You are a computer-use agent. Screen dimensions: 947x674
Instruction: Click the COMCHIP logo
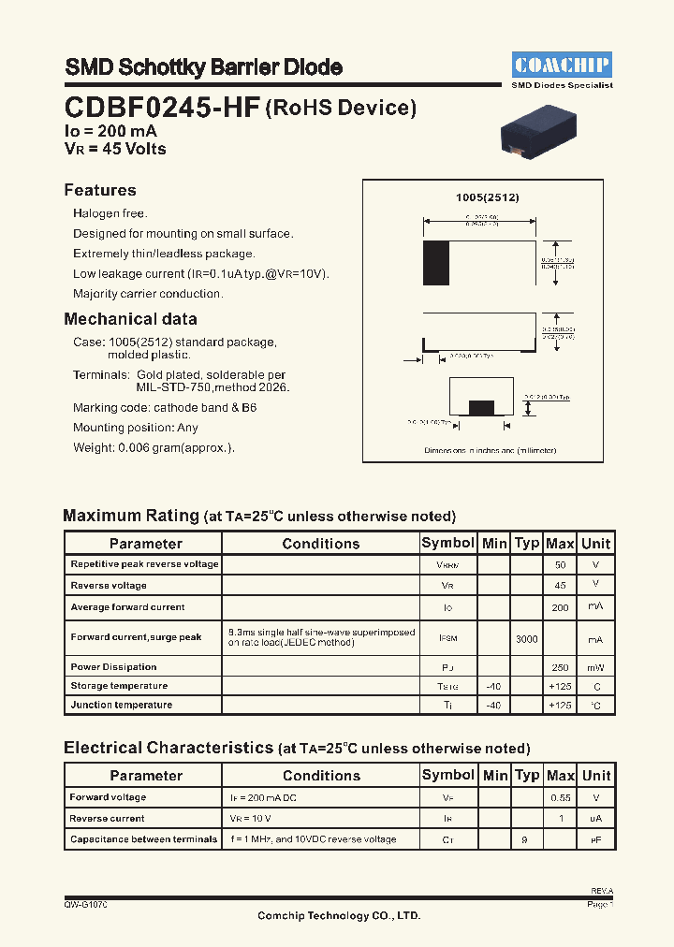tap(562, 65)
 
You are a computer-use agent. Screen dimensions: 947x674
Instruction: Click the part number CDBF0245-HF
tap(162, 108)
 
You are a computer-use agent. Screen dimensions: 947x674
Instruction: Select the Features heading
tap(100, 190)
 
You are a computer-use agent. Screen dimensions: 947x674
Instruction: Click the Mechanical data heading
tap(130, 319)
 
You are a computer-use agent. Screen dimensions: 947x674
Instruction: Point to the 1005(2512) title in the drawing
tap(487, 198)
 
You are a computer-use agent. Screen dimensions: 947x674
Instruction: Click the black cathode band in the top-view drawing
tap(436, 263)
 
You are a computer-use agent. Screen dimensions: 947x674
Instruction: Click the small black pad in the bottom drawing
tap(481, 407)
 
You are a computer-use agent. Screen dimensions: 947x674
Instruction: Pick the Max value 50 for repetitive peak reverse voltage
tap(560, 565)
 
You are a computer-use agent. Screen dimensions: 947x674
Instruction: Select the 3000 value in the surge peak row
tap(527, 638)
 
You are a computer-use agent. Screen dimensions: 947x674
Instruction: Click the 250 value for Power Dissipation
tap(560, 667)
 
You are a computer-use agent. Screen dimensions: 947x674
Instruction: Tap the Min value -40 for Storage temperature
tap(494, 686)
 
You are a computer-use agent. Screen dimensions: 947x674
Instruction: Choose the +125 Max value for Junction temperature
tap(560, 705)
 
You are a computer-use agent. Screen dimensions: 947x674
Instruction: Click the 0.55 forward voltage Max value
tap(560, 798)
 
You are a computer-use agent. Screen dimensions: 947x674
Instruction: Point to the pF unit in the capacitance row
tap(596, 840)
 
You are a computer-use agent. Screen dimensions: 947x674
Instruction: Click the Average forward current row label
tap(128, 607)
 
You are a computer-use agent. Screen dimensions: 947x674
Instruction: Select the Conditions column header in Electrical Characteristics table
tap(321, 776)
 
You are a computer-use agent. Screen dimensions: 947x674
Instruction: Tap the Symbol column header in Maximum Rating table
tap(448, 543)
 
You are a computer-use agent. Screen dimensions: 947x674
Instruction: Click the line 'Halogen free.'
tap(110, 213)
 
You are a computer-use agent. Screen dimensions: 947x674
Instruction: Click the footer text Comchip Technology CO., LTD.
tap(339, 915)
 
